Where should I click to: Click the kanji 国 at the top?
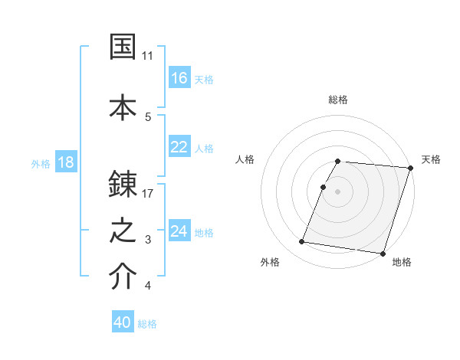(123, 46)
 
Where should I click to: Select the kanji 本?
(123, 106)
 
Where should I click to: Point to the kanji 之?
(123, 231)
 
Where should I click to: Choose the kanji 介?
(123, 277)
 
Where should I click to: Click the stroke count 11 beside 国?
(148, 56)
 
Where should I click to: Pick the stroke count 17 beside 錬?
(148, 193)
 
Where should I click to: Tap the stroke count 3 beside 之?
(148, 241)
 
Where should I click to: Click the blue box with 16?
(179, 77)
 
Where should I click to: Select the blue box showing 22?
(179, 147)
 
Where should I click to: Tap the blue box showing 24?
(179, 231)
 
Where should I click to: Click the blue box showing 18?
(66, 162)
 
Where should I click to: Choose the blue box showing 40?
(123, 322)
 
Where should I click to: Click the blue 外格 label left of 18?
(41, 163)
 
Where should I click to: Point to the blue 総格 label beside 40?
(147, 324)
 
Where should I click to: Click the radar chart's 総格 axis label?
(338, 100)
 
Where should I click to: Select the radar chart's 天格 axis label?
(431, 159)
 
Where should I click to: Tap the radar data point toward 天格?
(411, 168)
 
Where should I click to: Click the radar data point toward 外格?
(302, 242)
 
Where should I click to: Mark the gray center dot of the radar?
(338, 191)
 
